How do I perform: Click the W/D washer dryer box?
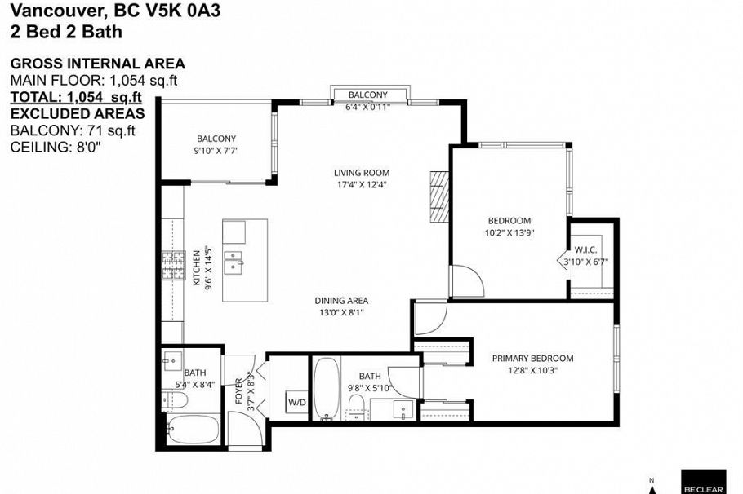coord(294,402)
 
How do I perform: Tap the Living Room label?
coord(361,173)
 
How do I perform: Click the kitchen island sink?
coord(237,259)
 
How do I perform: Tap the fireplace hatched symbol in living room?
coord(440,196)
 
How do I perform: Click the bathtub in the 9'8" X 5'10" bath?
coord(327,389)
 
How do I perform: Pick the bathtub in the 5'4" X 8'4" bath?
coord(194,428)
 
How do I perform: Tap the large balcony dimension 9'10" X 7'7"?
coord(216,151)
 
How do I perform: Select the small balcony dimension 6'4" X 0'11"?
coord(368,106)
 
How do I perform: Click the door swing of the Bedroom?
coord(467,281)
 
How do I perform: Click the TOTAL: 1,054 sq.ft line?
coord(76,97)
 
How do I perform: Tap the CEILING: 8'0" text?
coord(56,147)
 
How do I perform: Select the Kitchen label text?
coord(197,268)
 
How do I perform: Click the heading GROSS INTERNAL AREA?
coord(97,64)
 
